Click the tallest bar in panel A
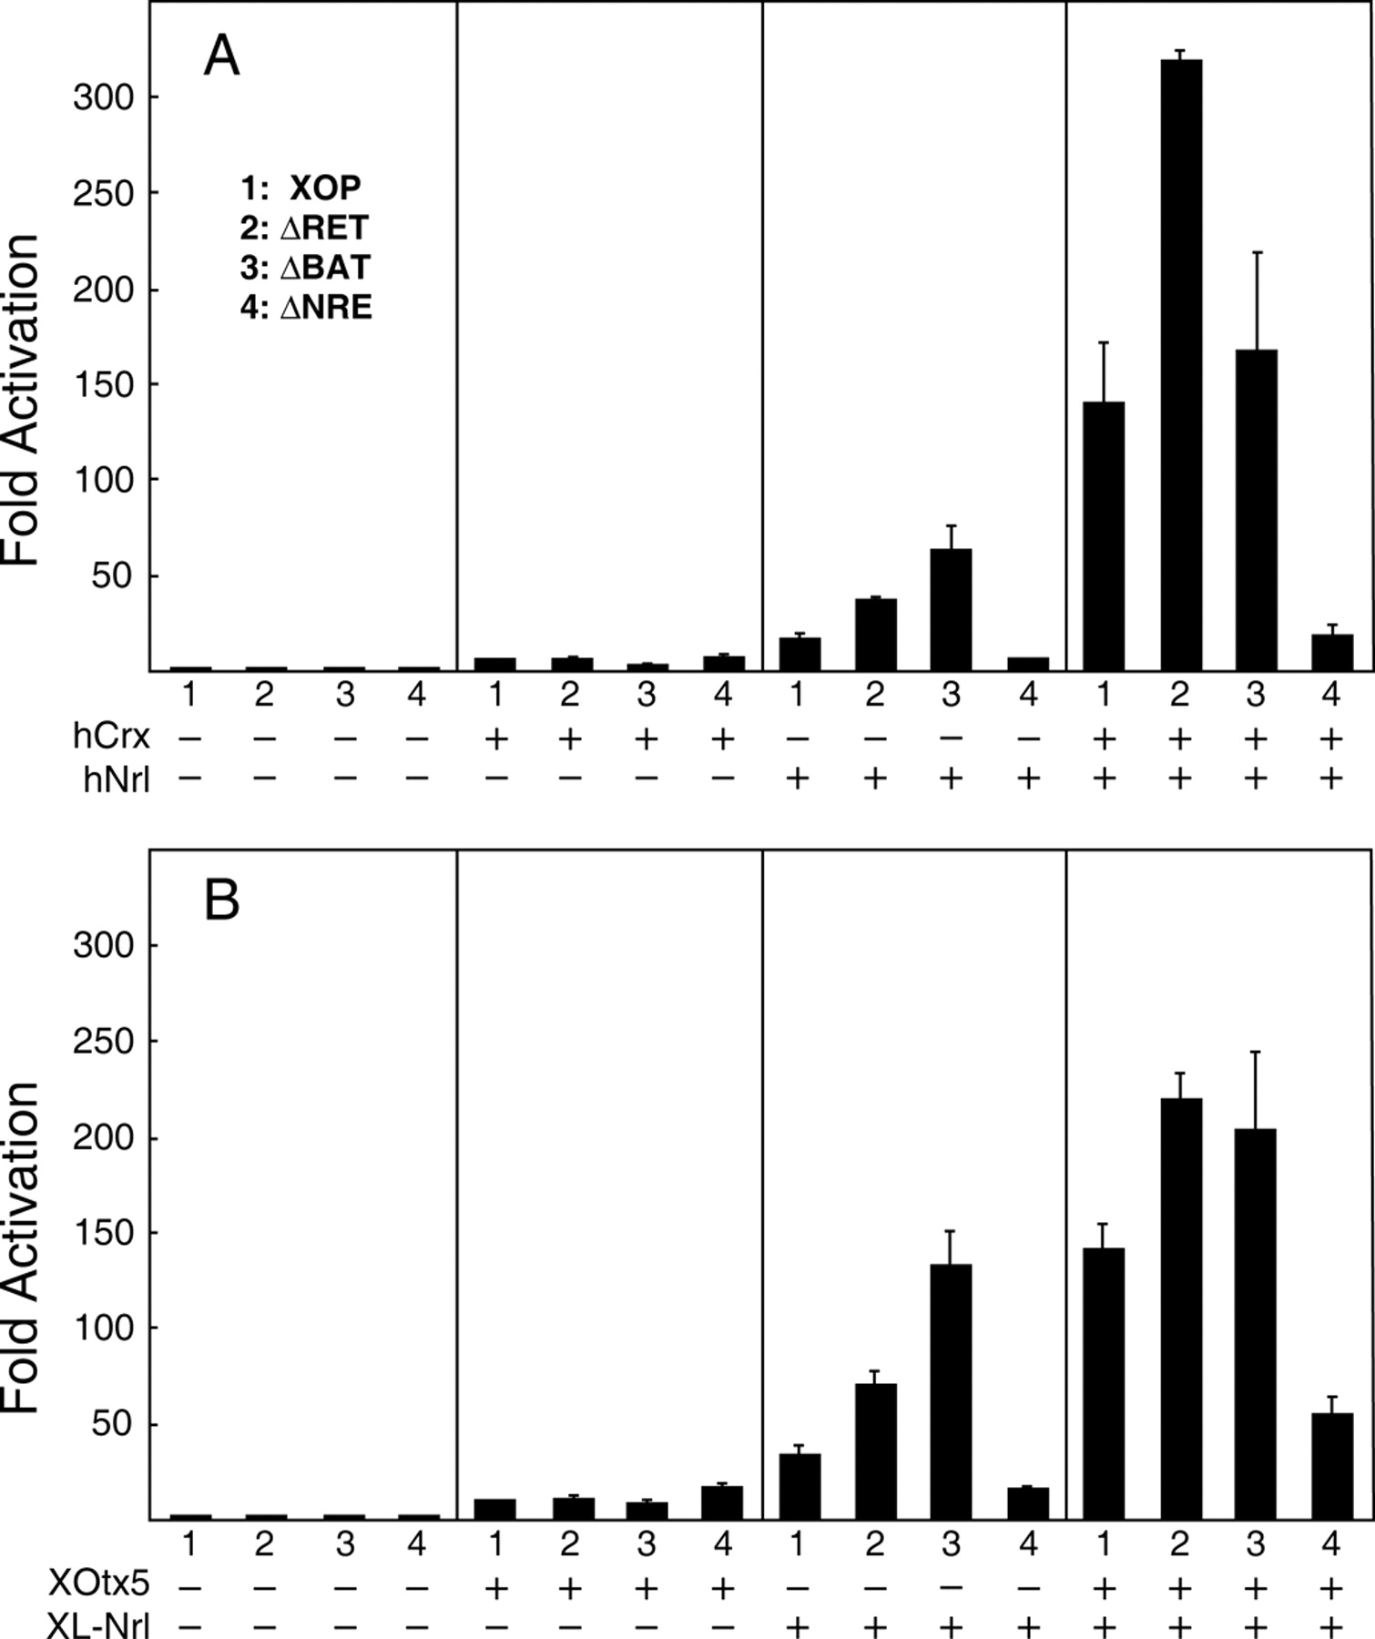tap(1179, 364)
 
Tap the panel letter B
tap(221, 900)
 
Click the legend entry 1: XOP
tap(301, 188)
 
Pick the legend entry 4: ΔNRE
tap(306, 308)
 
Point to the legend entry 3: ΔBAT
tap(306, 268)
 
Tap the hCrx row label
tap(111, 737)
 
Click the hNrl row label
tap(116, 779)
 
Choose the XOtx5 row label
tap(98, 1585)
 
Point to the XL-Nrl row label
tap(98, 1625)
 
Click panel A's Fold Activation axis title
tap(22, 401)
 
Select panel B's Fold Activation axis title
tap(22, 1247)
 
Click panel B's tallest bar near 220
tap(1179, 1311)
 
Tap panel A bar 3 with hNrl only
tap(951, 610)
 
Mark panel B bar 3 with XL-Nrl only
tap(951, 1393)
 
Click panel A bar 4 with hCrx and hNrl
tap(1331, 652)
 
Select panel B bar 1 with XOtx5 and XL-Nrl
tap(1104, 1384)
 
